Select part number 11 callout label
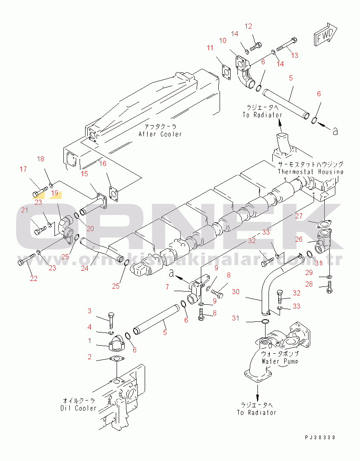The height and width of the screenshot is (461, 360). click(210, 48)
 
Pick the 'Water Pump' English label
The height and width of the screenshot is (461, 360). click(280, 361)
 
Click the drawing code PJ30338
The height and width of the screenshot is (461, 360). click(320, 438)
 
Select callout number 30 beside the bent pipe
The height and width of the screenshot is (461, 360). click(235, 292)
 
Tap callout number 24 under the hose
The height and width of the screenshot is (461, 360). click(85, 268)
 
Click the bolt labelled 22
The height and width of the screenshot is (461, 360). click(26, 261)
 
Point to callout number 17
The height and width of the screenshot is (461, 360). click(23, 169)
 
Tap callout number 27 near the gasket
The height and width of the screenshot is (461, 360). click(299, 216)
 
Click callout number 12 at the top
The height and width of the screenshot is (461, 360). click(249, 26)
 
